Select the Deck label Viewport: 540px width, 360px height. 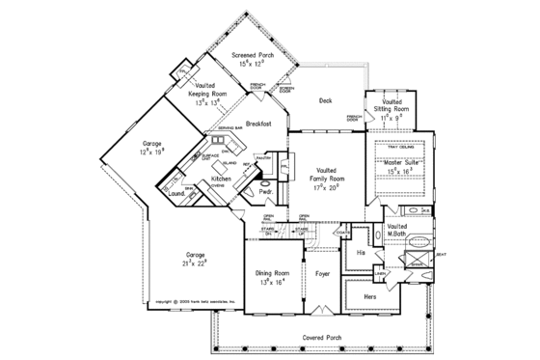tap(326, 98)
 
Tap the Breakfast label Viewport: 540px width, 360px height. tap(258, 124)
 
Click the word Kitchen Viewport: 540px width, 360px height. tap(221, 180)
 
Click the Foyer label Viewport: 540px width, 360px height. tap(323, 274)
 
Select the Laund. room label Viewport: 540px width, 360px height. tap(176, 192)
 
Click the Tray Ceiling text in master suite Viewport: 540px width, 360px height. tap(399, 148)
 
